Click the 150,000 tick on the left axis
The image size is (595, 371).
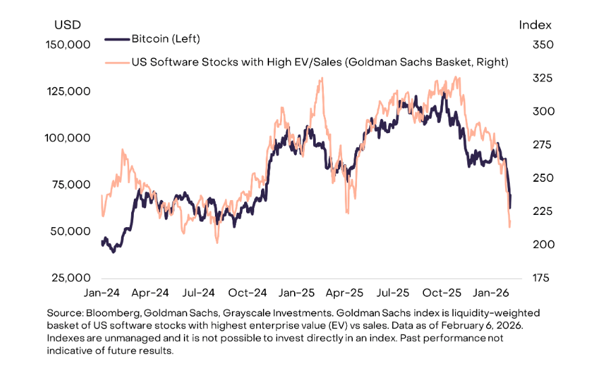click(x=67, y=45)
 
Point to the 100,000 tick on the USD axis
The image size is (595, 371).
click(x=67, y=138)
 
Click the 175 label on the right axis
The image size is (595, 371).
click(x=535, y=278)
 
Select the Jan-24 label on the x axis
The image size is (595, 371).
click(x=102, y=294)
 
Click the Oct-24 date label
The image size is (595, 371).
click(x=247, y=294)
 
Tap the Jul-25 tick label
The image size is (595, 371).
click(x=393, y=294)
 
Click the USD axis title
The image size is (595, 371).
click(x=67, y=25)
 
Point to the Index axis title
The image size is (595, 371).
click(x=535, y=25)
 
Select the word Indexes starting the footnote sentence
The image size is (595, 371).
click(x=68, y=339)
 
